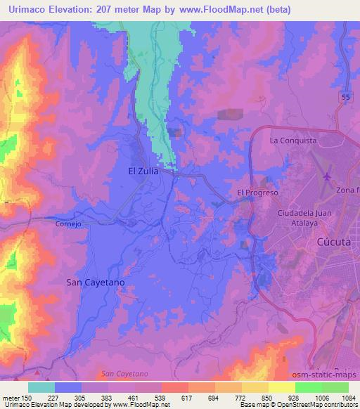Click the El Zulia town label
(x=143, y=171)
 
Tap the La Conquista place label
(x=294, y=141)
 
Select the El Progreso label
(x=258, y=193)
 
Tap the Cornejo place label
(x=70, y=224)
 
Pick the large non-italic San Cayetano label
(x=95, y=282)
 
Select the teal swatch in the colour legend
(x=41, y=387)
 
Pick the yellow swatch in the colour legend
(x=281, y=387)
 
